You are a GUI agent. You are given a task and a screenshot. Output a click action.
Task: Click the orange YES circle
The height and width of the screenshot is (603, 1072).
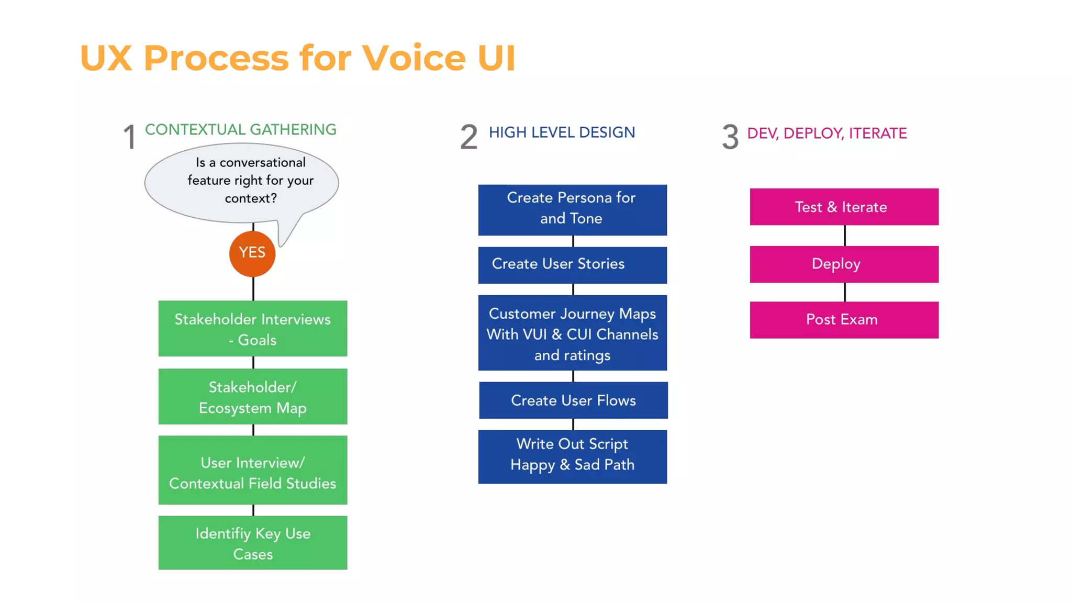(252, 254)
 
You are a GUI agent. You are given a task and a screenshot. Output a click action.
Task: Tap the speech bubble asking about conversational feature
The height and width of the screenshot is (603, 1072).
(242, 181)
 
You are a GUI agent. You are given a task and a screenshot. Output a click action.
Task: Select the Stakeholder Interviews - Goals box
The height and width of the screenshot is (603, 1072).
(253, 329)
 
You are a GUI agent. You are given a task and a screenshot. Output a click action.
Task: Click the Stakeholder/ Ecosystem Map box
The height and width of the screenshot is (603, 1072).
(253, 397)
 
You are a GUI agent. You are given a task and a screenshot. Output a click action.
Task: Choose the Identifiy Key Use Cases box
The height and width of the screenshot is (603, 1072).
(253, 543)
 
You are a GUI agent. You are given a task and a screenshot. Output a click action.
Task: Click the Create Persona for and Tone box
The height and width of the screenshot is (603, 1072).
(572, 210)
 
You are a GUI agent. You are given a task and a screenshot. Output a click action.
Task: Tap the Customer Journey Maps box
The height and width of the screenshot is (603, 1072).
(572, 333)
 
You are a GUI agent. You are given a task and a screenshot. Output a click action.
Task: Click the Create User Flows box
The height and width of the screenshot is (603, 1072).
(573, 400)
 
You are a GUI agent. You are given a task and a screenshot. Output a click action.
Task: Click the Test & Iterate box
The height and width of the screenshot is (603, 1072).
(844, 207)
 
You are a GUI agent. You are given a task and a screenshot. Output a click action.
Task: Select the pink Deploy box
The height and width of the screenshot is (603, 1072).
(844, 264)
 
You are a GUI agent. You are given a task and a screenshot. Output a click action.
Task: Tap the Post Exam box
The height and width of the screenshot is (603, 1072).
(844, 320)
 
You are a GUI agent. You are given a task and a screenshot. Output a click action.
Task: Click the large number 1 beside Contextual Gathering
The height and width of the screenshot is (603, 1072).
(129, 138)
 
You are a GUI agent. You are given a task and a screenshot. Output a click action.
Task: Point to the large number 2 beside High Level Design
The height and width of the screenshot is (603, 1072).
(468, 137)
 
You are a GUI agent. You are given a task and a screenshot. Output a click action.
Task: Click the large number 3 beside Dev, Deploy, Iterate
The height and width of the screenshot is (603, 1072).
(730, 137)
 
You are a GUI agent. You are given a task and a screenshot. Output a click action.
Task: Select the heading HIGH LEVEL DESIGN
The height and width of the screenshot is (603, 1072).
(562, 132)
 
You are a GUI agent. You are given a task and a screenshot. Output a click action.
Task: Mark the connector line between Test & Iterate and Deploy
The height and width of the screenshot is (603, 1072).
(844, 236)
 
